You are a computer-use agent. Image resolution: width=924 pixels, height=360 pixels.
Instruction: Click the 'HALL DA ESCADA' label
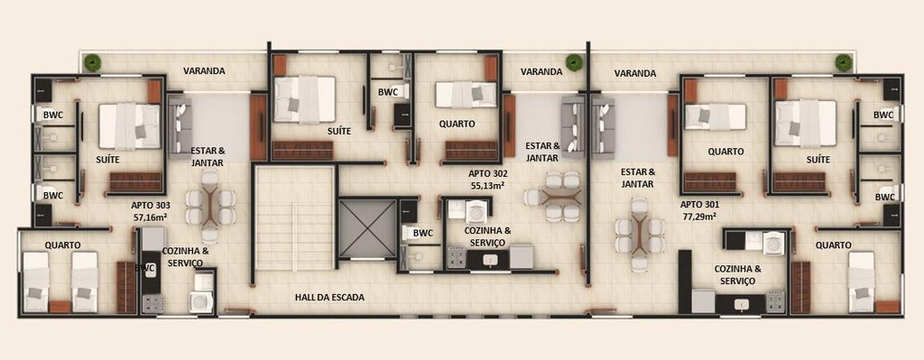(329, 298)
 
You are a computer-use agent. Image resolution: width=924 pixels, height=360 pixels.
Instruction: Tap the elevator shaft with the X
(367, 228)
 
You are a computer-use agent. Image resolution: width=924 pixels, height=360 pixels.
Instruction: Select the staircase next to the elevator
(294, 218)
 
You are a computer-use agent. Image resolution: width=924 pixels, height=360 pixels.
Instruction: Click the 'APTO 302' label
(488, 174)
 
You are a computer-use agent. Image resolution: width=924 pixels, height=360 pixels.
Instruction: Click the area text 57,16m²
(152, 217)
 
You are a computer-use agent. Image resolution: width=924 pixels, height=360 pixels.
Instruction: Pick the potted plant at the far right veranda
(844, 63)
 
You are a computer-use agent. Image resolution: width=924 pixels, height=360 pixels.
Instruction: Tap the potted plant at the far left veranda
(91, 62)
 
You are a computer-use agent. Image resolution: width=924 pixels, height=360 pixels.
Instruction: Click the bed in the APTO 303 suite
(130, 126)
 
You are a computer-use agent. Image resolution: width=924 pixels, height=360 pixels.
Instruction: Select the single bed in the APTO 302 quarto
(468, 94)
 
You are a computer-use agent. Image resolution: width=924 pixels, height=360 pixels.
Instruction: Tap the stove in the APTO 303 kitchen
(152, 303)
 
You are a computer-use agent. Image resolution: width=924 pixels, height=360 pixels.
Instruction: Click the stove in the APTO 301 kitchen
(775, 300)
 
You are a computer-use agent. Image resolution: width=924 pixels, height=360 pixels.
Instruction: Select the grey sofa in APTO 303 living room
(180, 128)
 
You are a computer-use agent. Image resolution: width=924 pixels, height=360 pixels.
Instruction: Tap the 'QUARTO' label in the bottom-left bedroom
(62, 245)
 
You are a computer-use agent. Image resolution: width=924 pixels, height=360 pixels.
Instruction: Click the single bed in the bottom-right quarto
(862, 282)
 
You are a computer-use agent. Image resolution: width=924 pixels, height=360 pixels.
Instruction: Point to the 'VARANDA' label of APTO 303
(204, 70)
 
